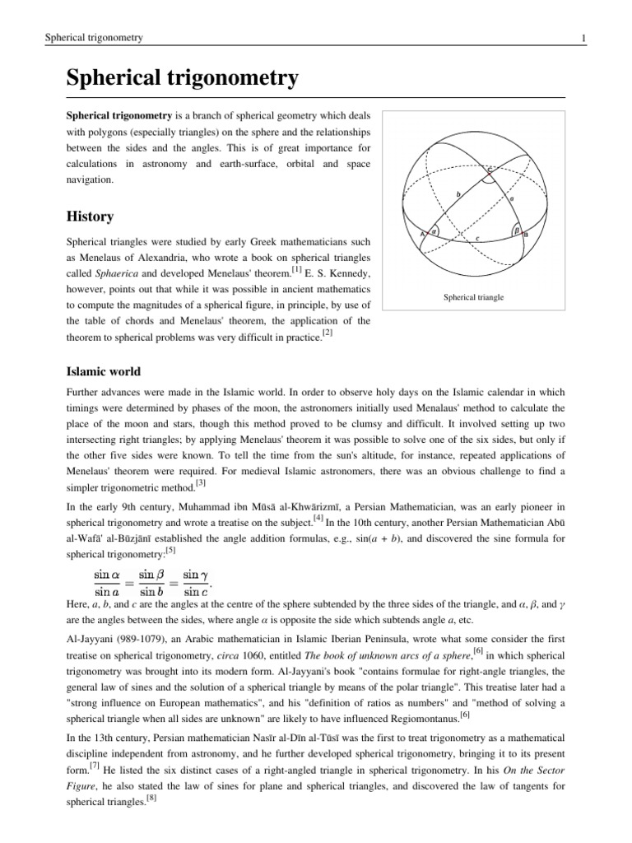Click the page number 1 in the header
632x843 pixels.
pos(583,38)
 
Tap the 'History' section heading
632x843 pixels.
pos(90,217)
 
